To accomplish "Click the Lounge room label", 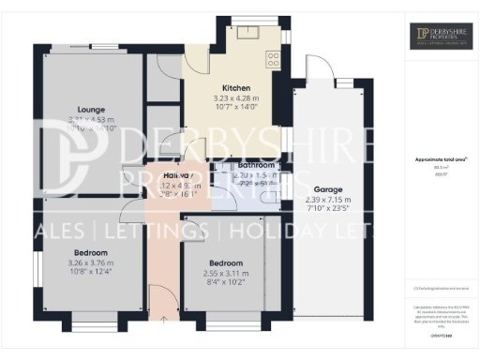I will [x=91, y=109].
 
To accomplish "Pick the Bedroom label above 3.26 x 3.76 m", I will [x=91, y=253].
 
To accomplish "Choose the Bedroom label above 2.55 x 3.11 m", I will [x=227, y=263].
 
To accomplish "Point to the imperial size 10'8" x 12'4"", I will [x=91, y=273].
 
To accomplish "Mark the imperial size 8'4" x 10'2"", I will [x=227, y=283].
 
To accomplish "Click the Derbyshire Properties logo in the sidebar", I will [x=440, y=37].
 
